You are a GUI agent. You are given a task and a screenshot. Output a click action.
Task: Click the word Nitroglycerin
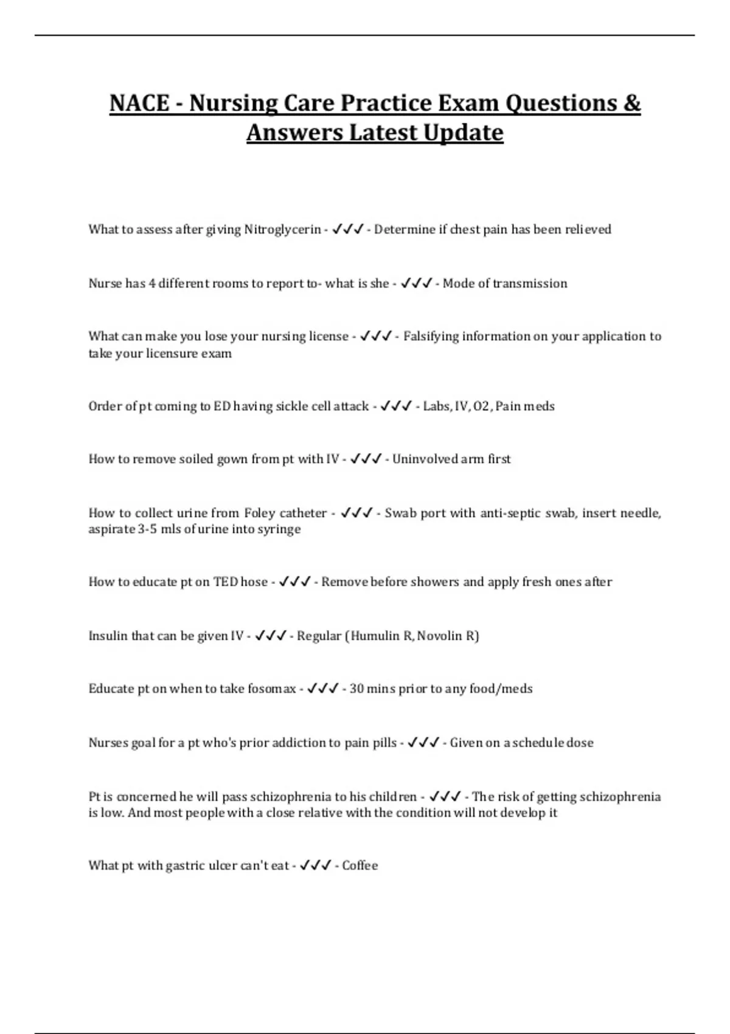(x=282, y=230)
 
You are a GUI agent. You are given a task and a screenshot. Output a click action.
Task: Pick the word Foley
(x=260, y=513)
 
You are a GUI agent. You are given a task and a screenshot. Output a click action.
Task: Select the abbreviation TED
(x=225, y=582)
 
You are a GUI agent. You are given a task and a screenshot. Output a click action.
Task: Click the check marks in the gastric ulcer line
(x=316, y=866)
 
